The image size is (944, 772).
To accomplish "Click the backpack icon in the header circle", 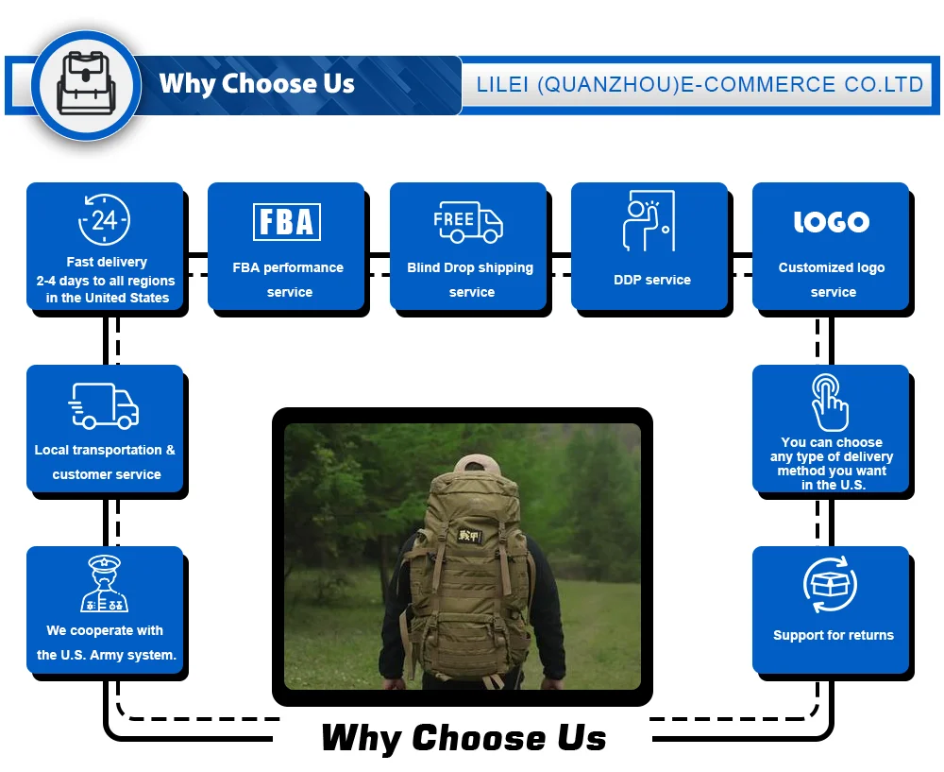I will [x=86, y=84].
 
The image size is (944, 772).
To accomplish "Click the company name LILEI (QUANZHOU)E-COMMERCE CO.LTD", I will [x=700, y=85].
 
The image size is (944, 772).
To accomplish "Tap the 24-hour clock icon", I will [x=104, y=220].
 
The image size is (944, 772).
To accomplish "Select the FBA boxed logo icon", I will [x=287, y=222].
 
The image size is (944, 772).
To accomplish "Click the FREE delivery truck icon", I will [x=468, y=221].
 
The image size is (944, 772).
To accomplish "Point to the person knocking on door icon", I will [x=649, y=221].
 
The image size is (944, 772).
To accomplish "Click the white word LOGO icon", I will [x=831, y=222].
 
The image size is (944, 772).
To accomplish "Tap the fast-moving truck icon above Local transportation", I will [x=105, y=406].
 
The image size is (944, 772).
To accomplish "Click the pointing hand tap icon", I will [x=831, y=403].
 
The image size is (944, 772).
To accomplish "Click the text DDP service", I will [x=651, y=280].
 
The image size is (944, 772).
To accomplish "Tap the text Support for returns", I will [x=833, y=635].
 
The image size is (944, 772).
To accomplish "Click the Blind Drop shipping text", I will [x=470, y=267].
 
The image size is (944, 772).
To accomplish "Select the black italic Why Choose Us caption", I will [x=464, y=738].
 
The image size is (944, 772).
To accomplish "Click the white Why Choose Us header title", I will [x=257, y=84].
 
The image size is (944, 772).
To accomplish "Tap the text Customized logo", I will [x=832, y=267].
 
